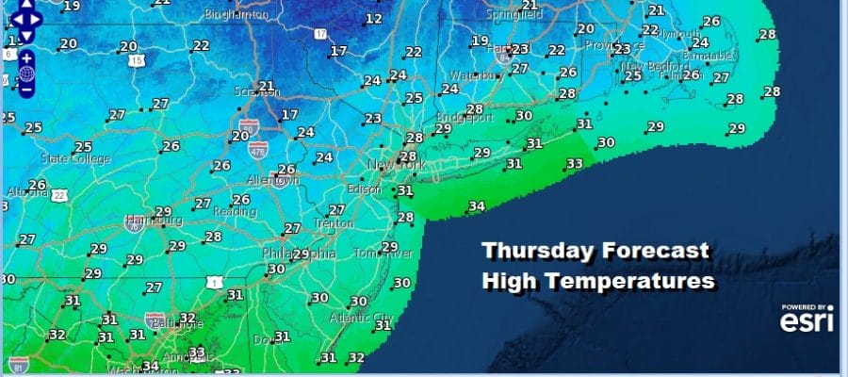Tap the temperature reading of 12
374,18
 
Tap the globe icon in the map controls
26,73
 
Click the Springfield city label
514,15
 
